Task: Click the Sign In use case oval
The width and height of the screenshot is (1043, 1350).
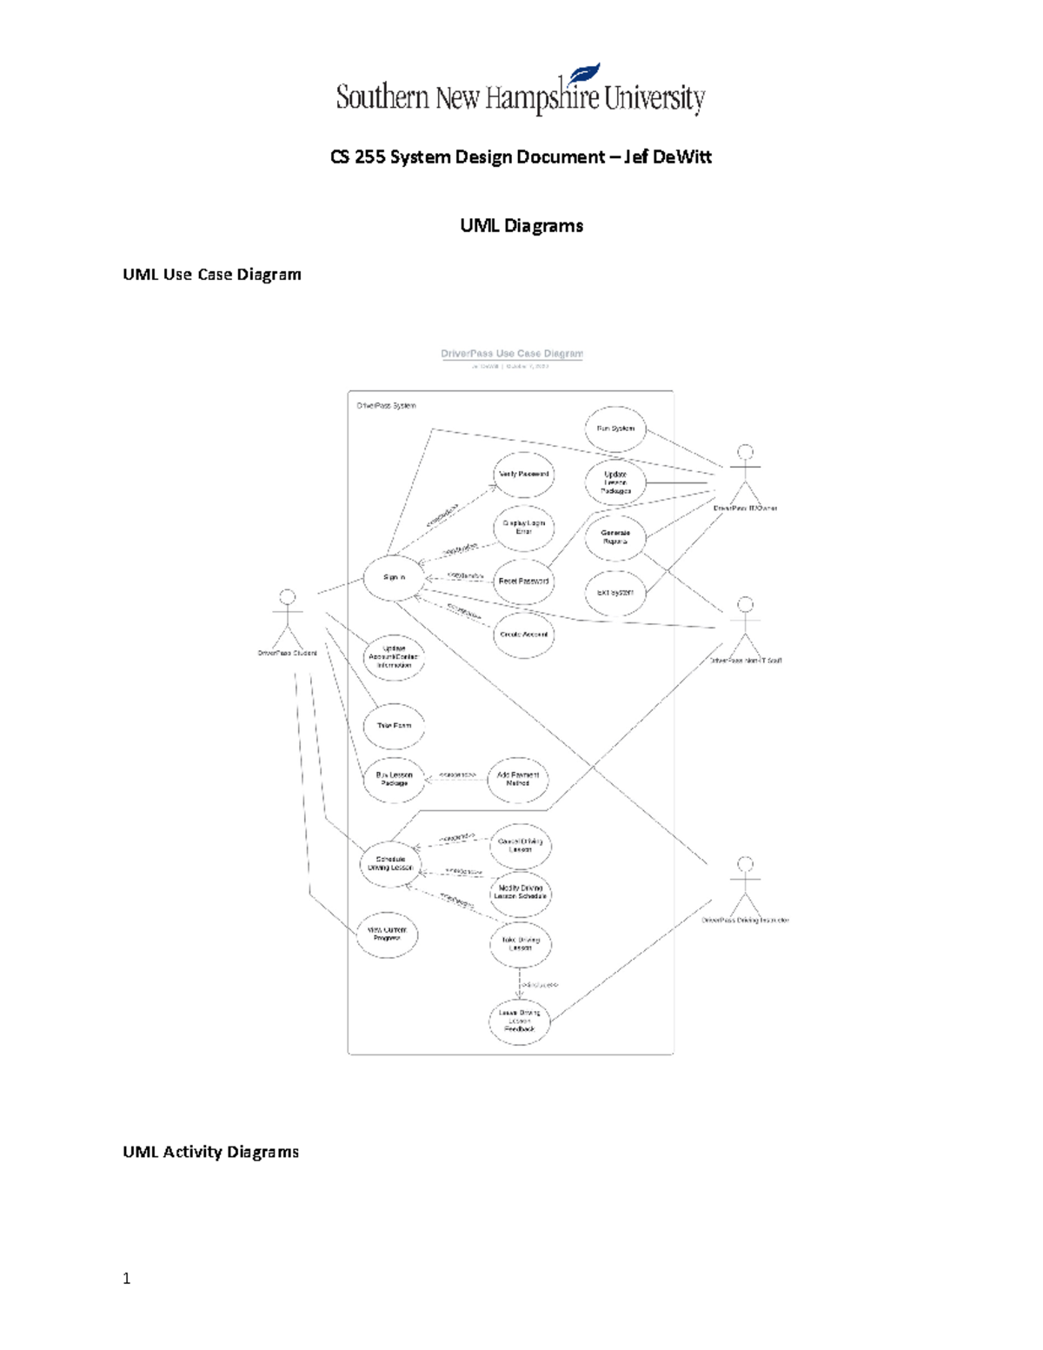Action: tap(394, 577)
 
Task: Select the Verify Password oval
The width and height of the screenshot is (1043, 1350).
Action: tap(523, 475)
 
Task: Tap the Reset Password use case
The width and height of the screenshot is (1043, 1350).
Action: tap(523, 581)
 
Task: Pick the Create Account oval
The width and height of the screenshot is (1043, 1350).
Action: tap(523, 635)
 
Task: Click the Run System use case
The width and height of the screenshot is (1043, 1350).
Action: tap(615, 429)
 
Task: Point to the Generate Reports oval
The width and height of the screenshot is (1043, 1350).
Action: tap(615, 537)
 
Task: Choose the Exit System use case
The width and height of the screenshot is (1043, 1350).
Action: tap(615, 592)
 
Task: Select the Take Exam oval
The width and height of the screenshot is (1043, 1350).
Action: tap(394, 726)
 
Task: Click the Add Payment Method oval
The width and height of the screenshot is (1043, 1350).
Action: tap(518, 779)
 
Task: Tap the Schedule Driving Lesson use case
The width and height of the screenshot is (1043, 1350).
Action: tap(390, 863)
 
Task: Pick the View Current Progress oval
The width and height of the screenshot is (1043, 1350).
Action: tap(387, 934)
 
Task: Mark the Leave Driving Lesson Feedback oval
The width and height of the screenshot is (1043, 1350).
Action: tap(520, 1021)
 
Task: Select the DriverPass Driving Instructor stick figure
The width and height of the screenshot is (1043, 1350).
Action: tap(745, 886)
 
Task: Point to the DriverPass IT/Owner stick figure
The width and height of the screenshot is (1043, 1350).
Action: tap(745, 474)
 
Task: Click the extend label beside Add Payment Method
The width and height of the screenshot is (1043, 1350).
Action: tap(457, 775)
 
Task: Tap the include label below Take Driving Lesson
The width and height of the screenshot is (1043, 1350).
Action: tap(538, 985)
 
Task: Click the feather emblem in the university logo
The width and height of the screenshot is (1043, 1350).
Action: tap(583, 75)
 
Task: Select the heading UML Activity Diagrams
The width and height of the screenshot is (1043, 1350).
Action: tap(211, 1152)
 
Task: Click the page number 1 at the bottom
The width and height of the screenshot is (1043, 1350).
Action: tap(127, 1278)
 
